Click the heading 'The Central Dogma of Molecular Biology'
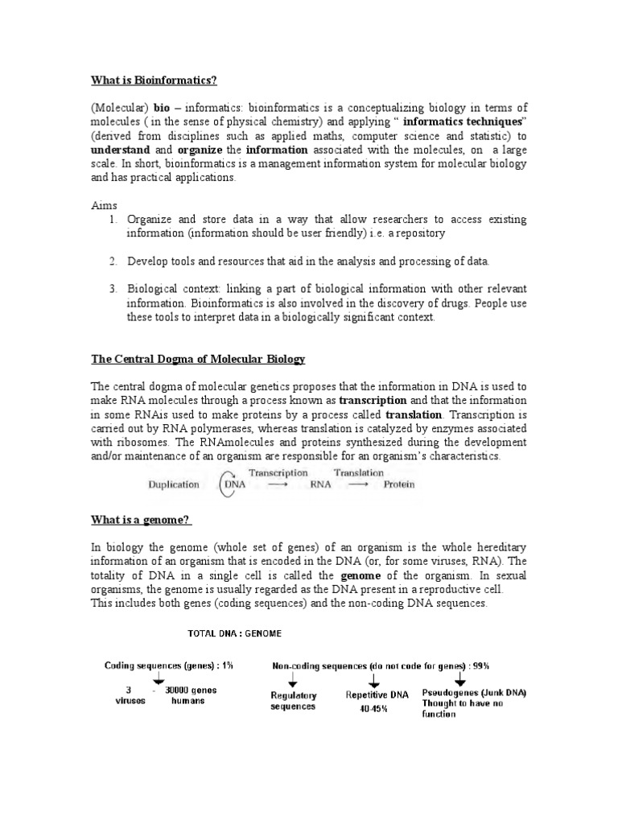click(x=198, y=358)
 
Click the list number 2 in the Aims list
click(x=113, y=262)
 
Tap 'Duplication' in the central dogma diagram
click(x=173, y=484)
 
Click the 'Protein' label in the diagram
click(x=398, y=484)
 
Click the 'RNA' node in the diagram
click(x=319, y=485)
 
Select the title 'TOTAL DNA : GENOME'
click(x=234, y=633)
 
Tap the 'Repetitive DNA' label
click(x=377, y=693)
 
